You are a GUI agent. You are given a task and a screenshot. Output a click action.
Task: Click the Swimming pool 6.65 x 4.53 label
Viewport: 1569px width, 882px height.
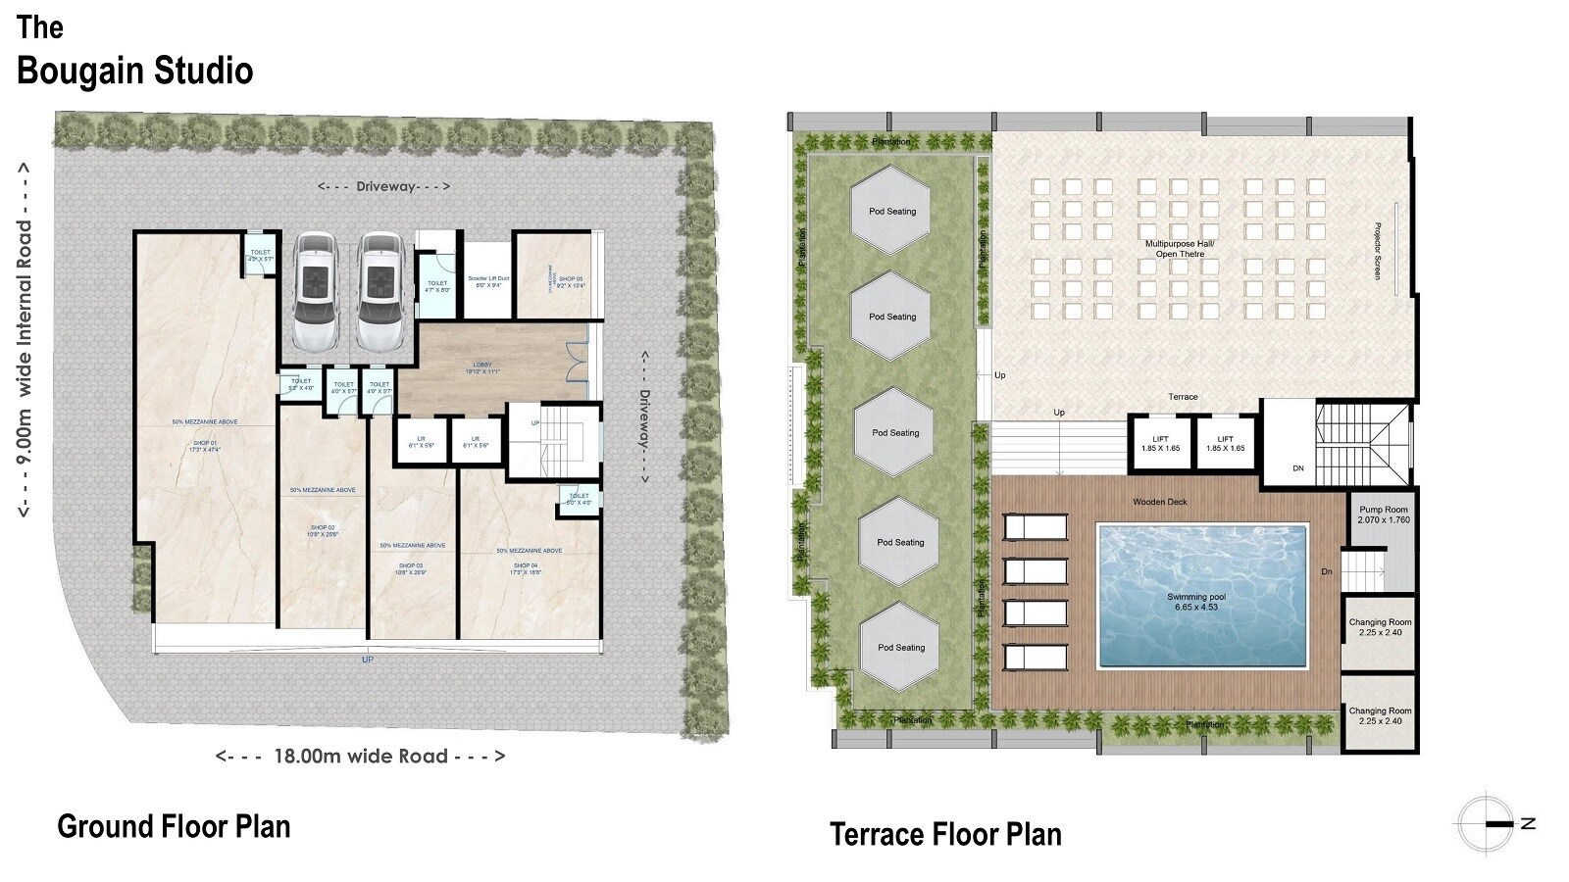tap(1195, 602)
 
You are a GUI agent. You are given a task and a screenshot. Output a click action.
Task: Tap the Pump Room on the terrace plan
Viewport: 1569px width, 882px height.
tap(1384, 514)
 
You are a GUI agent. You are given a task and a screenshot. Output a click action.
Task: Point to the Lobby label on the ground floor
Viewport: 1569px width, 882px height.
tap(481, 368)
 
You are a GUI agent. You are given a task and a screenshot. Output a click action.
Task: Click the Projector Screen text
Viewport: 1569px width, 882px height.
tap(1378, 250)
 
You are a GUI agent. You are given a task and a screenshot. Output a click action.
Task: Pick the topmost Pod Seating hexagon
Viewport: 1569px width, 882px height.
tap(891, 211)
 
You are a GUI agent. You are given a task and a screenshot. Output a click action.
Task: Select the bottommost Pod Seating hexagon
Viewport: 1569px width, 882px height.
tap(900, 647)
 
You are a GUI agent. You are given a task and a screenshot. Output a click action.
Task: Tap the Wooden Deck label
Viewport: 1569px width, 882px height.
tap(1160, 502)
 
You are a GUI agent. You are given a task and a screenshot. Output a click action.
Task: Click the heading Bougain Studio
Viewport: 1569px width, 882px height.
tap(135, 71)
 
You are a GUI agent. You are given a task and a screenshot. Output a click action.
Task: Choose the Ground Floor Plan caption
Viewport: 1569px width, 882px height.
tap(174, 825)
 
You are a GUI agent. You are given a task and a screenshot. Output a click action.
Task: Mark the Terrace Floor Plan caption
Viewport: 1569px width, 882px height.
tap(945, 834)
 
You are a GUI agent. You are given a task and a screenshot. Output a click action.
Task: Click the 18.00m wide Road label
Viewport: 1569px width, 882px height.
tap(360, 756)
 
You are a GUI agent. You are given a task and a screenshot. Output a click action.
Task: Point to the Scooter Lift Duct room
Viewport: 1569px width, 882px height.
tap(487, 280)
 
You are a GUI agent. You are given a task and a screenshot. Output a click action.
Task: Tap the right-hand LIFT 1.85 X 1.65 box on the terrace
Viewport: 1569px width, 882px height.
tap(1225, 444)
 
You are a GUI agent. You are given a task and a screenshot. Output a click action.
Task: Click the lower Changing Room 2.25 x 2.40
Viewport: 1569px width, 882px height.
tap(1380, 715)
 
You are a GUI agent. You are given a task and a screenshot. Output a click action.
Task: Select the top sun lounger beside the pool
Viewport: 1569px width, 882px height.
tap(1036, 527)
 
